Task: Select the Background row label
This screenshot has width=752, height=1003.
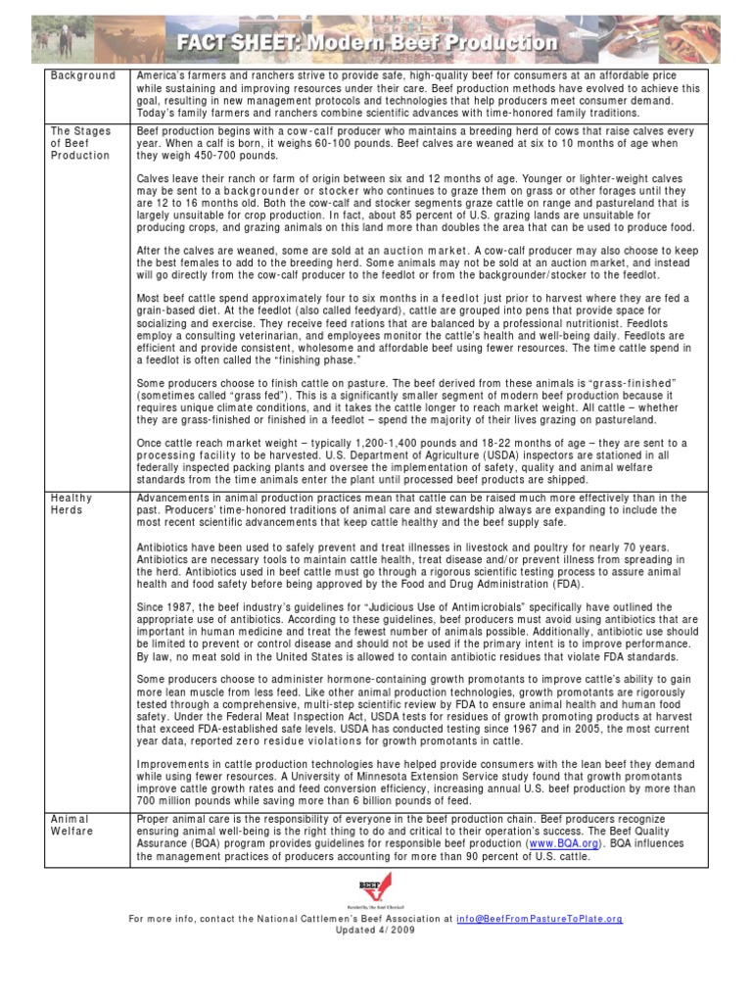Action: (82, 75)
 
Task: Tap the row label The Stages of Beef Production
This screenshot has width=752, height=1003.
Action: (81, 143)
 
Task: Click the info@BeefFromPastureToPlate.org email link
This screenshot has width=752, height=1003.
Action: (540, 919)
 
